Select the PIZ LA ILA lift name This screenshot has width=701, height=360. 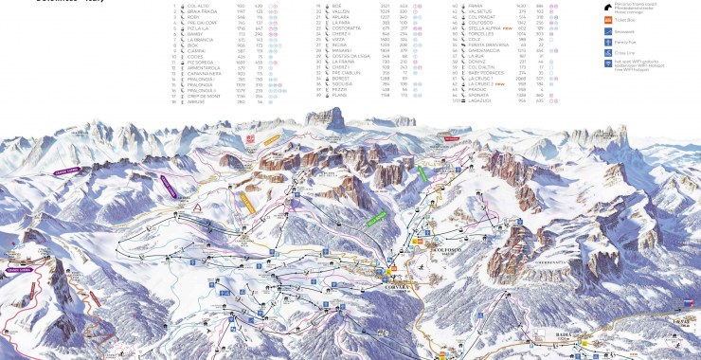(x=197, y=28)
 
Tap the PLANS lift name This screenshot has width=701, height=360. (x=335, y=96)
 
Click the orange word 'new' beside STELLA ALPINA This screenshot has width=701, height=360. (x=511, y=28)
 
